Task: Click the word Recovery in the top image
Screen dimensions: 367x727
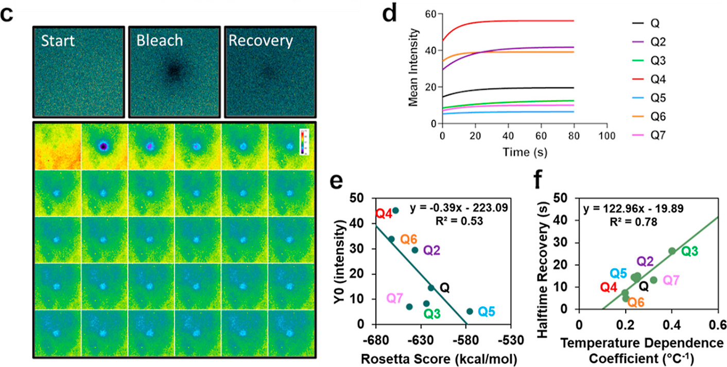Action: [x=260, y=41]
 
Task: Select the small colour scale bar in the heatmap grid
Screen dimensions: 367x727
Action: [x=305, y=141]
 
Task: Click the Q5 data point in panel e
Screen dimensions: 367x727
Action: [x=470, y=311]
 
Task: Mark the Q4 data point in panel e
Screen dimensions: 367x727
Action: [x=395, y=211]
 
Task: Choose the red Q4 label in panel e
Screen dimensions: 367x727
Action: [x=384, y=213]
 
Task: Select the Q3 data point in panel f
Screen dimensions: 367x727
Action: [x=672, y=251]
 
